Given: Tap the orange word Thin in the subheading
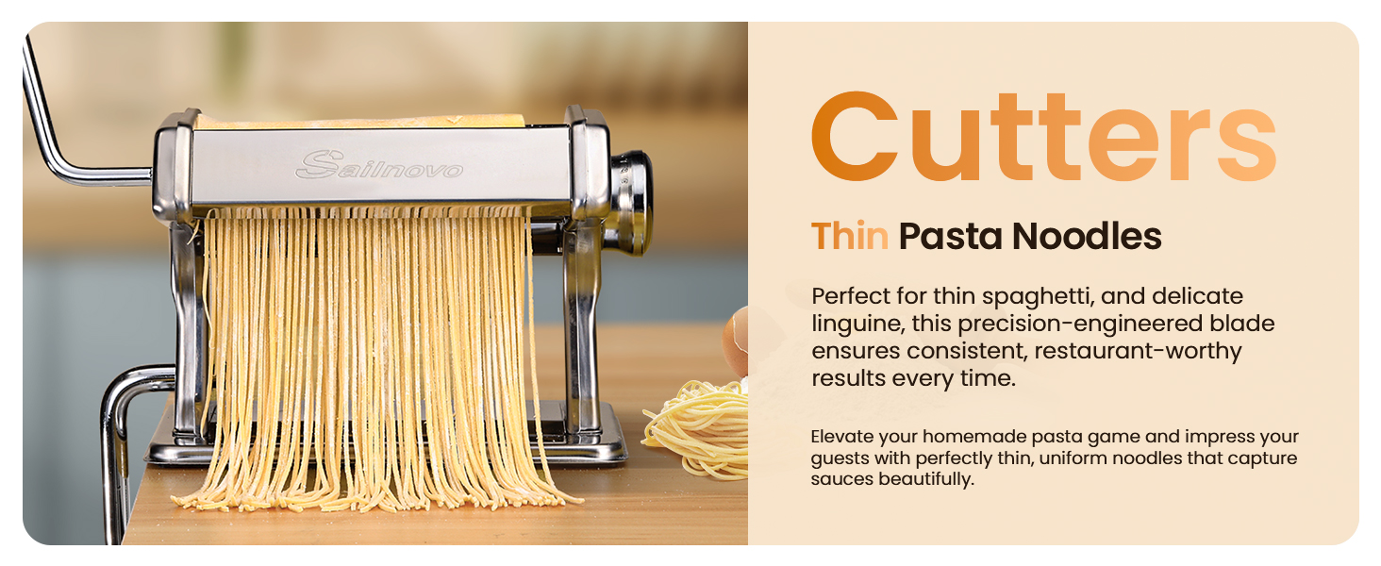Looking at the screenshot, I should (849, 237).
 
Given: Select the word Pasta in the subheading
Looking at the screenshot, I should (950, 237).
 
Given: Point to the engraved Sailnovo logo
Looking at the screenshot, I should (379, 168).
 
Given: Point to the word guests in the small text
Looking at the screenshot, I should (840, 458).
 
